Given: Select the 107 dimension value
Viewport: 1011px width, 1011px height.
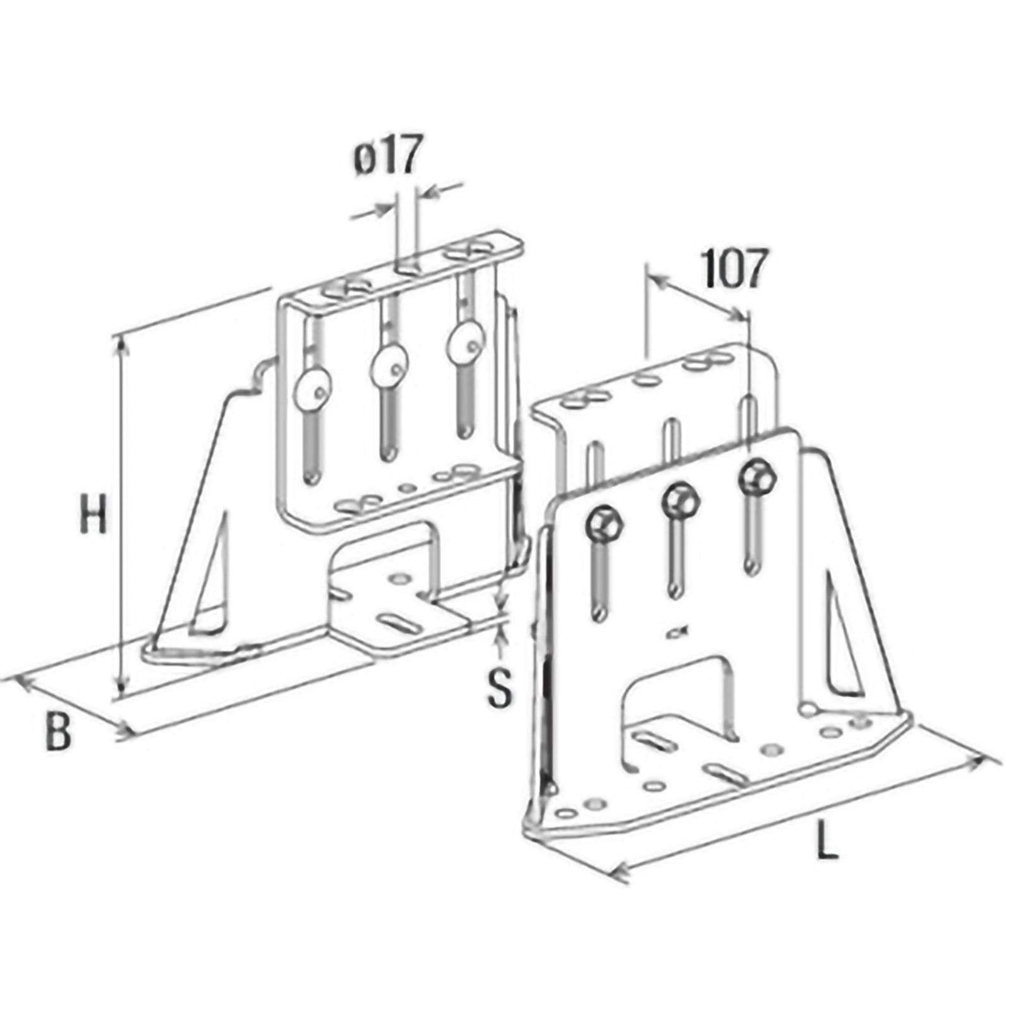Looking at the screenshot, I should coord(735,269).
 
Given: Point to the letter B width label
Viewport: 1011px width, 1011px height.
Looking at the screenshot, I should coord(58,731).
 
